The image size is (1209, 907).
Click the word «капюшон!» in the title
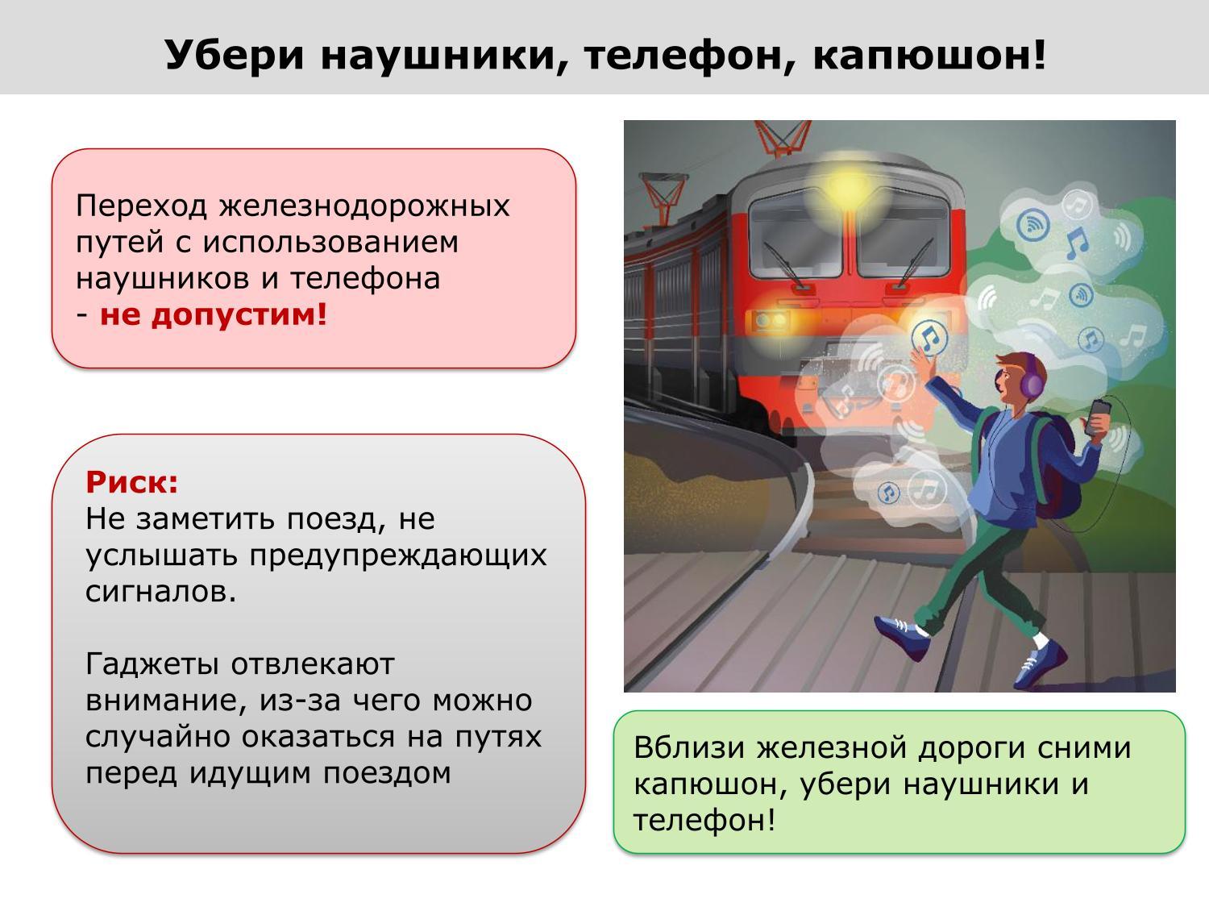pyautogui.click(x=929, y=56)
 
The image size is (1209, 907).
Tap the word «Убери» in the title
pyautogui.click(x=234, y=56)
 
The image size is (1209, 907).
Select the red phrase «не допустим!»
pyautogui.click(x=214, y=315)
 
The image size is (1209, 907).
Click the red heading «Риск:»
pyautogui.click(x=131, y=482)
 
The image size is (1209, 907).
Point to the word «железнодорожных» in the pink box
pyautogui.click(x=364, y=206)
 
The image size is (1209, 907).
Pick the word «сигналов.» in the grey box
pyautogui.click(x=161, y=592)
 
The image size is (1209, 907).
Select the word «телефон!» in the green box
pyautogui.click(x=704, y=821)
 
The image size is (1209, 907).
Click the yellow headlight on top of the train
pyautogui.click(x=845, y=185)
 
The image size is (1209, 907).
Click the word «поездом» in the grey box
pyautogui.click(x=387, y=773)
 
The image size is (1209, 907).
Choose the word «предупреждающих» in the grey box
pyautogui.click(x=398, y=556)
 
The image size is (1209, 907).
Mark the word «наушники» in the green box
pyautogui.click(x=981, y=784)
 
